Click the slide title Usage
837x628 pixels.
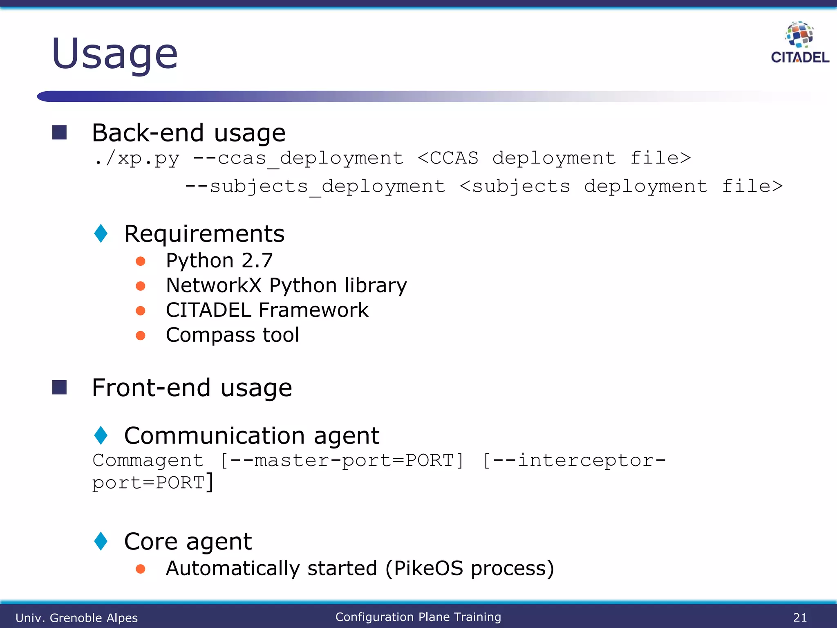click(115, 54)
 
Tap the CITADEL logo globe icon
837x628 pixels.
click(799, 34)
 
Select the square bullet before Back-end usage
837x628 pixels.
click(60, 132)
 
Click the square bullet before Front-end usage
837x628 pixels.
click(60, 387)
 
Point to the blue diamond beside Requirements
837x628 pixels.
click(101, 233)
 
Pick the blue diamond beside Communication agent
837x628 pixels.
click(101, 435)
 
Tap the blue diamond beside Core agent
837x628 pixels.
click(101, 541)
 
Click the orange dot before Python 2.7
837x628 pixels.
click(141, 261)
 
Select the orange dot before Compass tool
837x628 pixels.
click(141, 336)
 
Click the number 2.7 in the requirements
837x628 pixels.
click(257, 260)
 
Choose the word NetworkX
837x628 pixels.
click(213, 285)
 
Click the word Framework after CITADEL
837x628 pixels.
click(313, 310)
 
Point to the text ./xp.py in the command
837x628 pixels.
click(137, 158)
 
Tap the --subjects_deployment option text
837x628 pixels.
click(315, 186)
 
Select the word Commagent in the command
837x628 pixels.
click(148, 460)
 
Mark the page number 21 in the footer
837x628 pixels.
click(800, 617)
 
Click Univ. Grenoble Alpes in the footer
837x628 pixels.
click(77, 618)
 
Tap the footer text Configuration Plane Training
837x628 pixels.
click(418, 617)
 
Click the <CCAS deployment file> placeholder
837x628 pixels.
click(554, 158)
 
